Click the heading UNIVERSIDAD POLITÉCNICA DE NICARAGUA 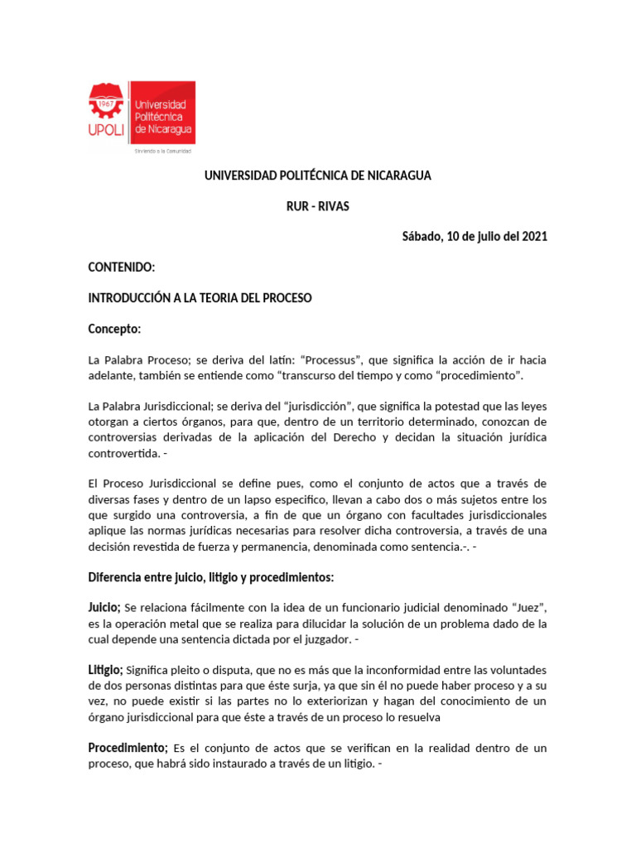tap(318, 176)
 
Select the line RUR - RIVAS tap(318, 206)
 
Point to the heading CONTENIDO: tap(122, 267)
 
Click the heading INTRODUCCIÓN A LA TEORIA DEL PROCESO tap(200, 298)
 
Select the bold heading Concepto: tap(115, 329)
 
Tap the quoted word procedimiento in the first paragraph tap(483, 376)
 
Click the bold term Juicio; tap(105, 608)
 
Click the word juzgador tap(325, 639)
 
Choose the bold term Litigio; tap(106, 670)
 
